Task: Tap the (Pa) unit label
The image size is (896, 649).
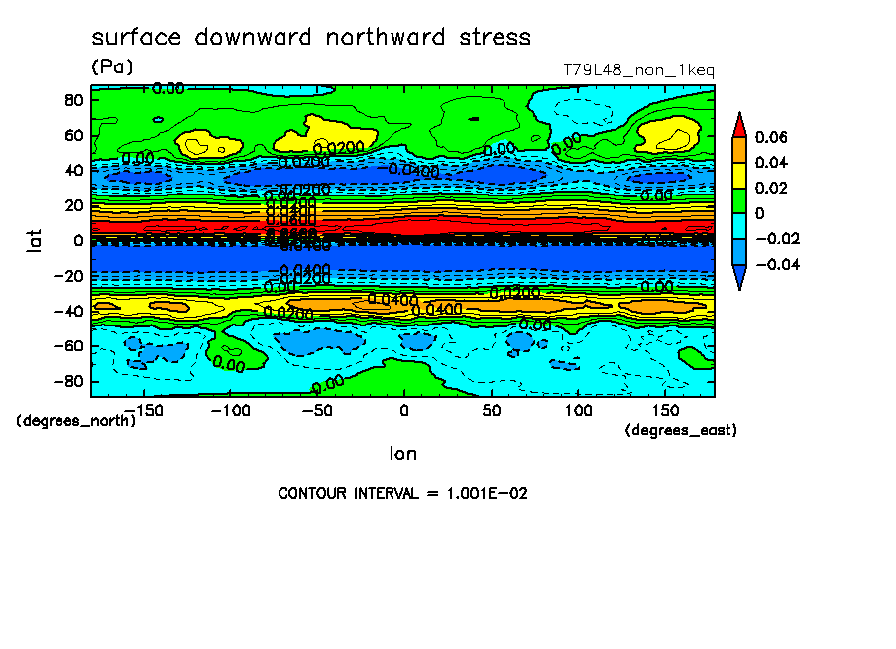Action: (x=112, y=67)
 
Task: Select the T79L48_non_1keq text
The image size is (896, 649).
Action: (x=638, y=70)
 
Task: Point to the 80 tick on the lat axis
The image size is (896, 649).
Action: (x=73, y=99)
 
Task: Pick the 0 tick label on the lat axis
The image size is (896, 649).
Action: (x=77, y=240)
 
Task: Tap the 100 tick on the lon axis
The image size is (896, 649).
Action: (x=578, y=410)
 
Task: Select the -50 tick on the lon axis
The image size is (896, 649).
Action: (x=316, y=410)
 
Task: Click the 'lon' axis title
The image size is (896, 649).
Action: (x=402, y=454)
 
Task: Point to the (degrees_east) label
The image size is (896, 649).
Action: (x=681, y=430)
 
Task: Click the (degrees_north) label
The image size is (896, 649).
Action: (x=76, y=420)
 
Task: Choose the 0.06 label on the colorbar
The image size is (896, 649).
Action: (x=770, y=137)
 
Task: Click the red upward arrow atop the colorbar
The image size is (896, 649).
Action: (x=739, y=124)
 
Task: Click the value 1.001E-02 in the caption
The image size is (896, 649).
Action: (x=471, y=493)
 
